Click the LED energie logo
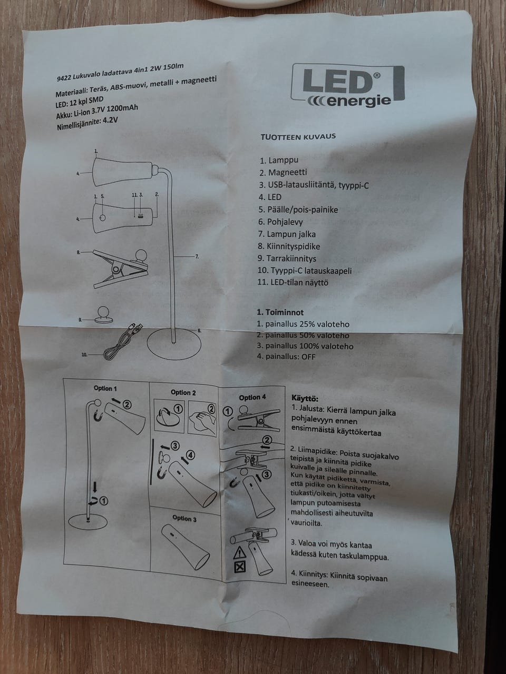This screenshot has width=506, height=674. point(347,86)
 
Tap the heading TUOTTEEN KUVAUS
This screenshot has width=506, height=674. point(298,136)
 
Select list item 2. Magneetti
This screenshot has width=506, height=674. point(283,173)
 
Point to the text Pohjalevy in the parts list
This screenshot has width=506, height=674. point(285,222)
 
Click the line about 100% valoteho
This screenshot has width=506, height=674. point(305,346)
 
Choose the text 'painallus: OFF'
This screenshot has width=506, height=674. point(290,357)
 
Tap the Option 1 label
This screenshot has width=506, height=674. point(105,389)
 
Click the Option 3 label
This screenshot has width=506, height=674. point(184,519)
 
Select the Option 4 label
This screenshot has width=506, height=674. point(252,398)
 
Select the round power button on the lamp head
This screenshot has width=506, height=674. point(103,217)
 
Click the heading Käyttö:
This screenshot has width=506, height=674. point(305,399)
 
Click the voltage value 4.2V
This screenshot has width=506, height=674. point(110,121)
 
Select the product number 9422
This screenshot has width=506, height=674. point(64,78)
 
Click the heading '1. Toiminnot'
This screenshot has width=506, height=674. point(280,312)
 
